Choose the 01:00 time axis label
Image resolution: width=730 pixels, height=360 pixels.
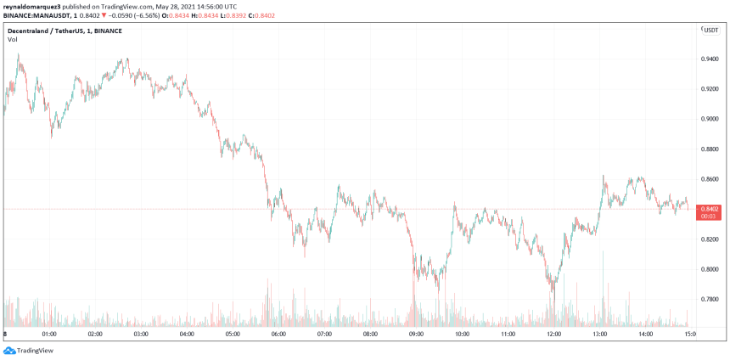pyautogui.click(x=48, y=335)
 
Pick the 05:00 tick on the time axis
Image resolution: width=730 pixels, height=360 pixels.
pyautogui.click(x=233, y=335)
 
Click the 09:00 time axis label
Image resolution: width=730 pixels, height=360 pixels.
pyautogui.click(x=416, y=335)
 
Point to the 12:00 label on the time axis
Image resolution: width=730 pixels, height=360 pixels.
pyautogui.click(x=553, y=335)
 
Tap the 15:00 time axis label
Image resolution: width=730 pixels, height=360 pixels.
pyautogui.click(x=691, y=335)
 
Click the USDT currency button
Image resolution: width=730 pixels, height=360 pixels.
pyautogui.click(x=710, y=30)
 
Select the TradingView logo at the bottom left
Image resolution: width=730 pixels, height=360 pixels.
pyautogui.click(x=23, y=351)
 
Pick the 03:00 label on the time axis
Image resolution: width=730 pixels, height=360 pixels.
pyautogui.click(x=141, y=335)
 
